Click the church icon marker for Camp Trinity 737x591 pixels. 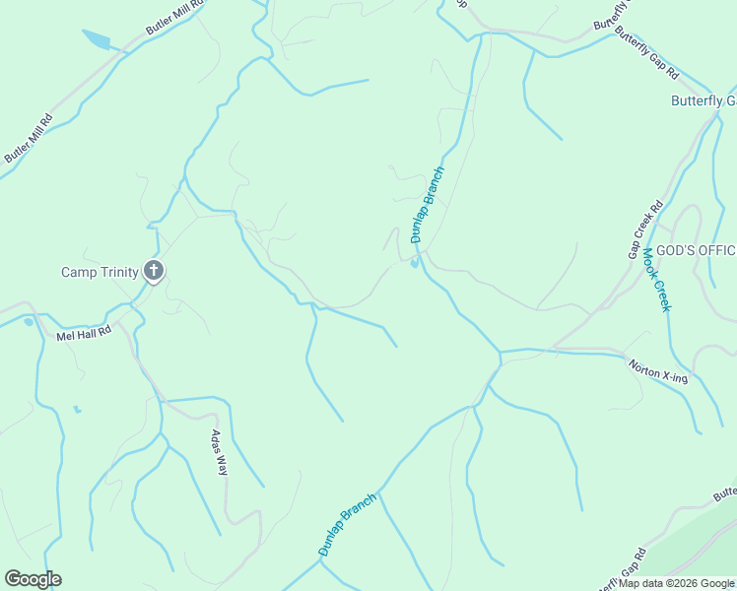tap(154, 271)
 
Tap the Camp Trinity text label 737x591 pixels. tap(100, 272)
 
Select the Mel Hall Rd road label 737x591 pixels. tap(84, 334)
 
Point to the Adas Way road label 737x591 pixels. tap(219, 453)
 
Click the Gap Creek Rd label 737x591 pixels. tap(646, 230)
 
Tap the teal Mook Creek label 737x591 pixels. tap(656, 279)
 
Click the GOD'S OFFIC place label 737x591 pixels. tap(696, 250)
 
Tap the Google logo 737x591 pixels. tap(33, 579)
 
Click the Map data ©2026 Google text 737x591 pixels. tap(676, 583)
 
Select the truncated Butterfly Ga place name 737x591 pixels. tap(703, 100)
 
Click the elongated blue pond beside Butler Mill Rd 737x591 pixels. tap(98, 39)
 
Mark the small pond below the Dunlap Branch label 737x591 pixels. tap(414, 262)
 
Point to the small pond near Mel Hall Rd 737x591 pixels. tap(29, 321)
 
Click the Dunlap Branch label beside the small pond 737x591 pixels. tap(429, 204)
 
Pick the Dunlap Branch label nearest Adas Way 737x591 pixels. tap(348, 524)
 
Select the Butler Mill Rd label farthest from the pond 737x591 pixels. tap(28, 138)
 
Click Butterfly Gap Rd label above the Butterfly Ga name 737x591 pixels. tap(647, 54)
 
